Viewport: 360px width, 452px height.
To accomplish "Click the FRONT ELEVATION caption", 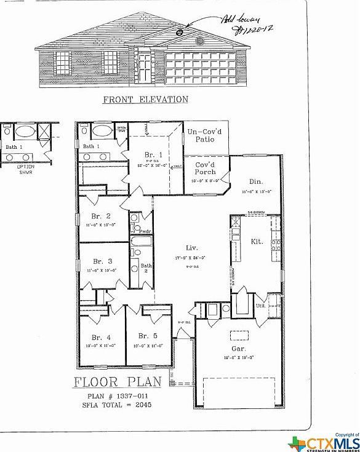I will tap(145, 99).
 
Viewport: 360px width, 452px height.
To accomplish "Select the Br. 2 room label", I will tap(101, 216).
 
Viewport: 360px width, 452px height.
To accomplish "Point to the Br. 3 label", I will tap(101, 261).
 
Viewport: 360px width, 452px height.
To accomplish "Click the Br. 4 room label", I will tap(101, 337).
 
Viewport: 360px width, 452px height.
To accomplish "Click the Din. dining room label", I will tap(257, 181).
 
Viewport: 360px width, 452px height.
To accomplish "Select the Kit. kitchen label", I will tap(257, 242).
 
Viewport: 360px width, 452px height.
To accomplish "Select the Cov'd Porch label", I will tap(205, 168).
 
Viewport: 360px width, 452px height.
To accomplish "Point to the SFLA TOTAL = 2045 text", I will tap(117, 405).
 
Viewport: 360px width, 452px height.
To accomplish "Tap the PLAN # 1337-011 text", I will tap(117, 397).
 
